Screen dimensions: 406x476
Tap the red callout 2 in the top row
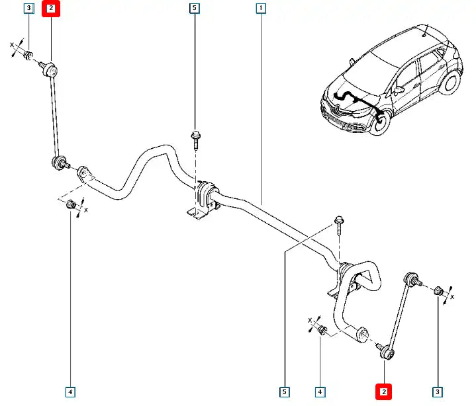point(51,9)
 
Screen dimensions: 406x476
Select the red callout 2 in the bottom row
point(384,392)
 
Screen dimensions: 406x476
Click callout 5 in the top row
point(194,9)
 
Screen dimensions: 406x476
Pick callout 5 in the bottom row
point(284,392)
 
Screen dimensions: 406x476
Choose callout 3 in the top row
point(28,9)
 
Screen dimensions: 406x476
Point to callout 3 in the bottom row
point(437,392)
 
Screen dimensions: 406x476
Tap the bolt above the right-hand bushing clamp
point(339,223)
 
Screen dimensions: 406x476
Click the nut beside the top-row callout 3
point(28,54)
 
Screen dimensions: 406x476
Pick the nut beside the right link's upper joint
point(438,290)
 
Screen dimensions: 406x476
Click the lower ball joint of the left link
point(58,163)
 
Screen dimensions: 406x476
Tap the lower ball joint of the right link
point(385,348)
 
